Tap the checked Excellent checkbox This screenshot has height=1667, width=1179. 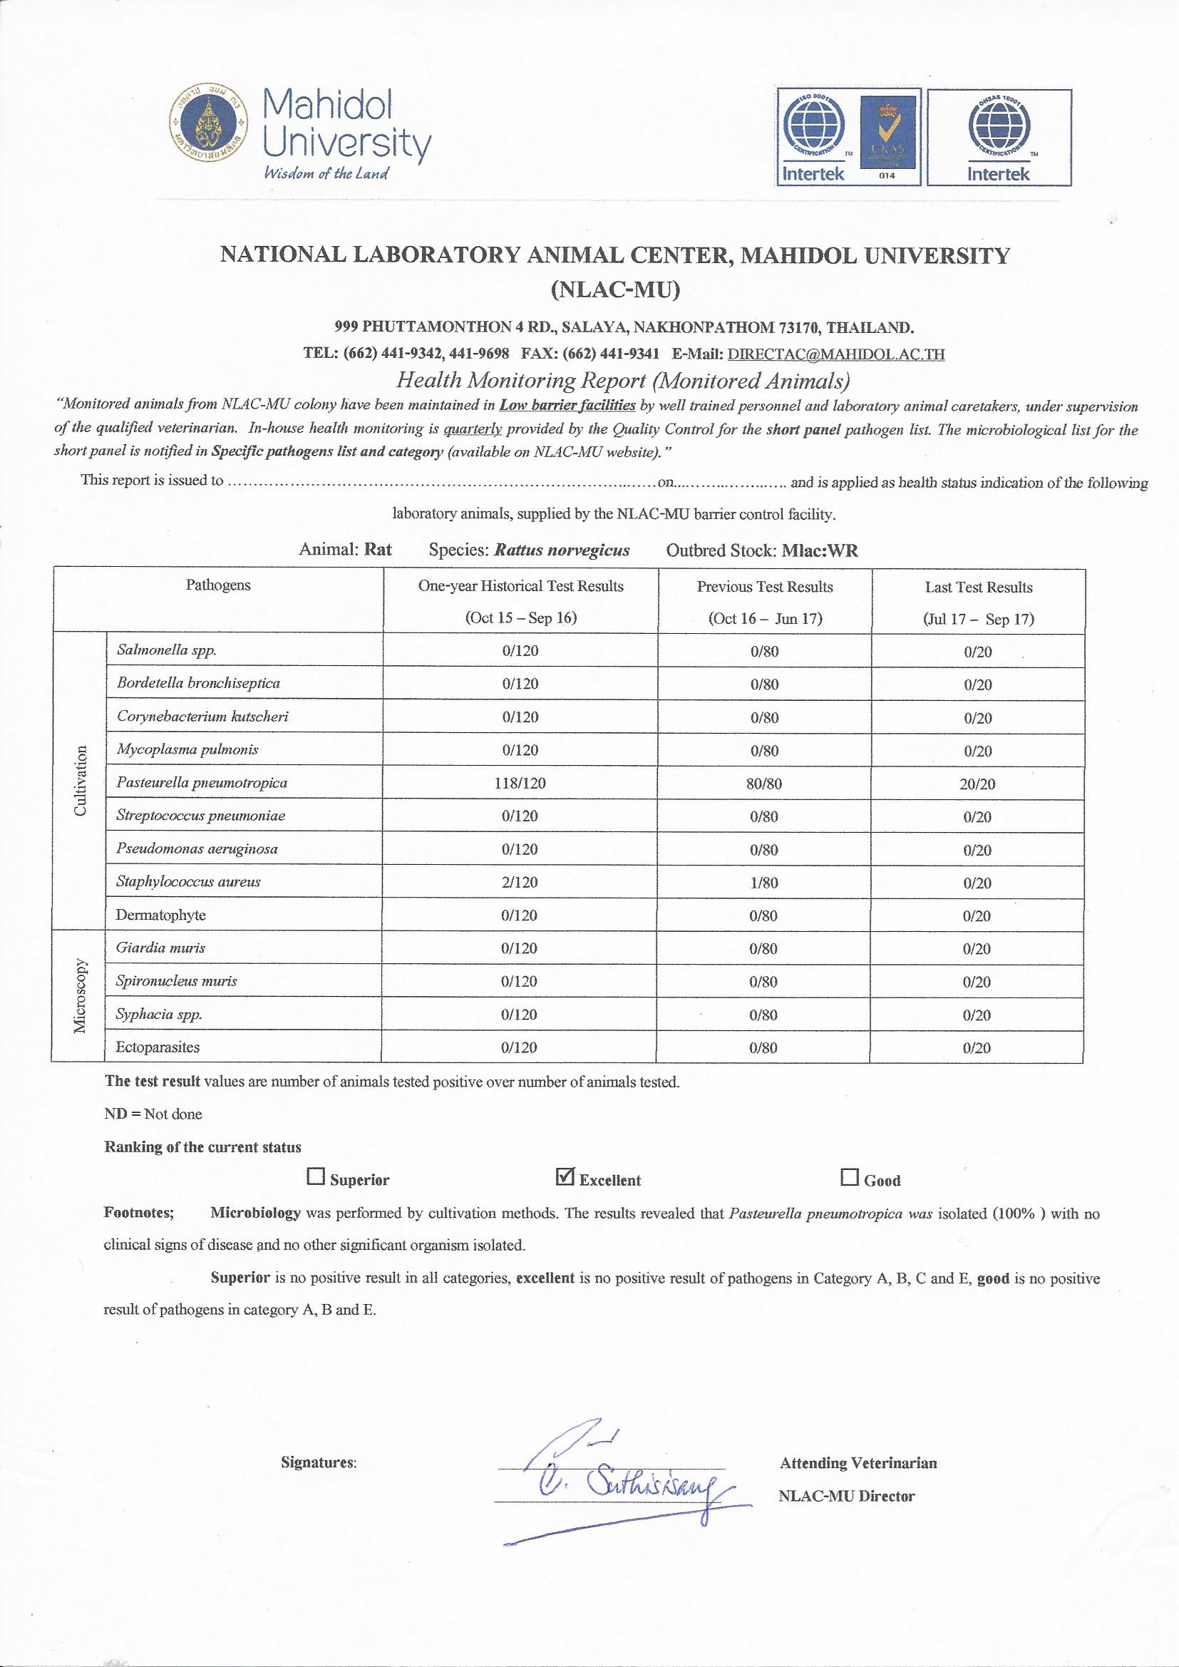(x=564, y=1176)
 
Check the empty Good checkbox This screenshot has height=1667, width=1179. (x=849, y=1177)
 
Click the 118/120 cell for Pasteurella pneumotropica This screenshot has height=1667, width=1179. (x=520, y=783)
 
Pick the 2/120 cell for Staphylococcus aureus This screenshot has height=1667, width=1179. (x=520, y=882)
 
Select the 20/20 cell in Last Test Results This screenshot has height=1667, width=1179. (x=978, y=784)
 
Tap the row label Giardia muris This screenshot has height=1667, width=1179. (x=160, y=948)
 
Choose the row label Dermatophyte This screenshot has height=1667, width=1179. (x=160, y=915)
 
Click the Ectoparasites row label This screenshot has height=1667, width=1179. (x=158, y=1047)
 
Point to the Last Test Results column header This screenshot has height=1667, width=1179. (x=978, y=588)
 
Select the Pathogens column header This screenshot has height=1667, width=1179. (x=218, y=585)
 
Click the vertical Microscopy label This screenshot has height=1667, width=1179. (x=80, y=995)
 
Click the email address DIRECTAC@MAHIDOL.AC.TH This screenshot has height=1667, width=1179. (x=835, y=354)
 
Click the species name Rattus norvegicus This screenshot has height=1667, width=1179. (x=561, y=550)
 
